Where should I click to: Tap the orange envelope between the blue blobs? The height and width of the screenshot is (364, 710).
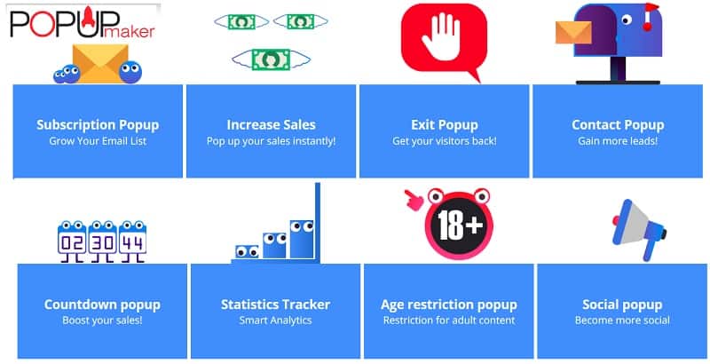click(100, 64)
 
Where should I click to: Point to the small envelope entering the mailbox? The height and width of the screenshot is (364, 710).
click(573, 33)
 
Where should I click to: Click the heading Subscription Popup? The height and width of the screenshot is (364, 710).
click(98, 125)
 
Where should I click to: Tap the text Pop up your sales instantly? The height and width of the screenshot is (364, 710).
click(272, 141)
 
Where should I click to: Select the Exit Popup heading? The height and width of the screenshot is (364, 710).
click(445, 125)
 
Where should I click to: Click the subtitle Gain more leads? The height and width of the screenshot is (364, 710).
click(618, 141)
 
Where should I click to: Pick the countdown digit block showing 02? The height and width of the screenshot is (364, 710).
click(72, 241)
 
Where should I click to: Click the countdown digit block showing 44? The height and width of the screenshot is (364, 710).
click(132, 241)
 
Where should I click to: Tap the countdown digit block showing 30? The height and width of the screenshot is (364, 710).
click(102, 241)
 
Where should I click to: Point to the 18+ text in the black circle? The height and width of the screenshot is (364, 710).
click(460, 225)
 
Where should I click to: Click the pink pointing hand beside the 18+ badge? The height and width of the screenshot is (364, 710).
click(414, 200)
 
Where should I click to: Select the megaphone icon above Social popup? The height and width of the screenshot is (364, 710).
click(638, 230)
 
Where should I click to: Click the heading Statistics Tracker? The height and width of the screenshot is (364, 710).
click(275, 305)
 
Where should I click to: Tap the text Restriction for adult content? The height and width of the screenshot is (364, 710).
click(449, 320)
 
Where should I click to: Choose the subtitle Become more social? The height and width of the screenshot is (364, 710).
click(622, 320)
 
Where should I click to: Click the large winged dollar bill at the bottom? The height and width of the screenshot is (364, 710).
click(272, 59)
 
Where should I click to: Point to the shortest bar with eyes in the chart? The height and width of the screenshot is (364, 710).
click(248, 252)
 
